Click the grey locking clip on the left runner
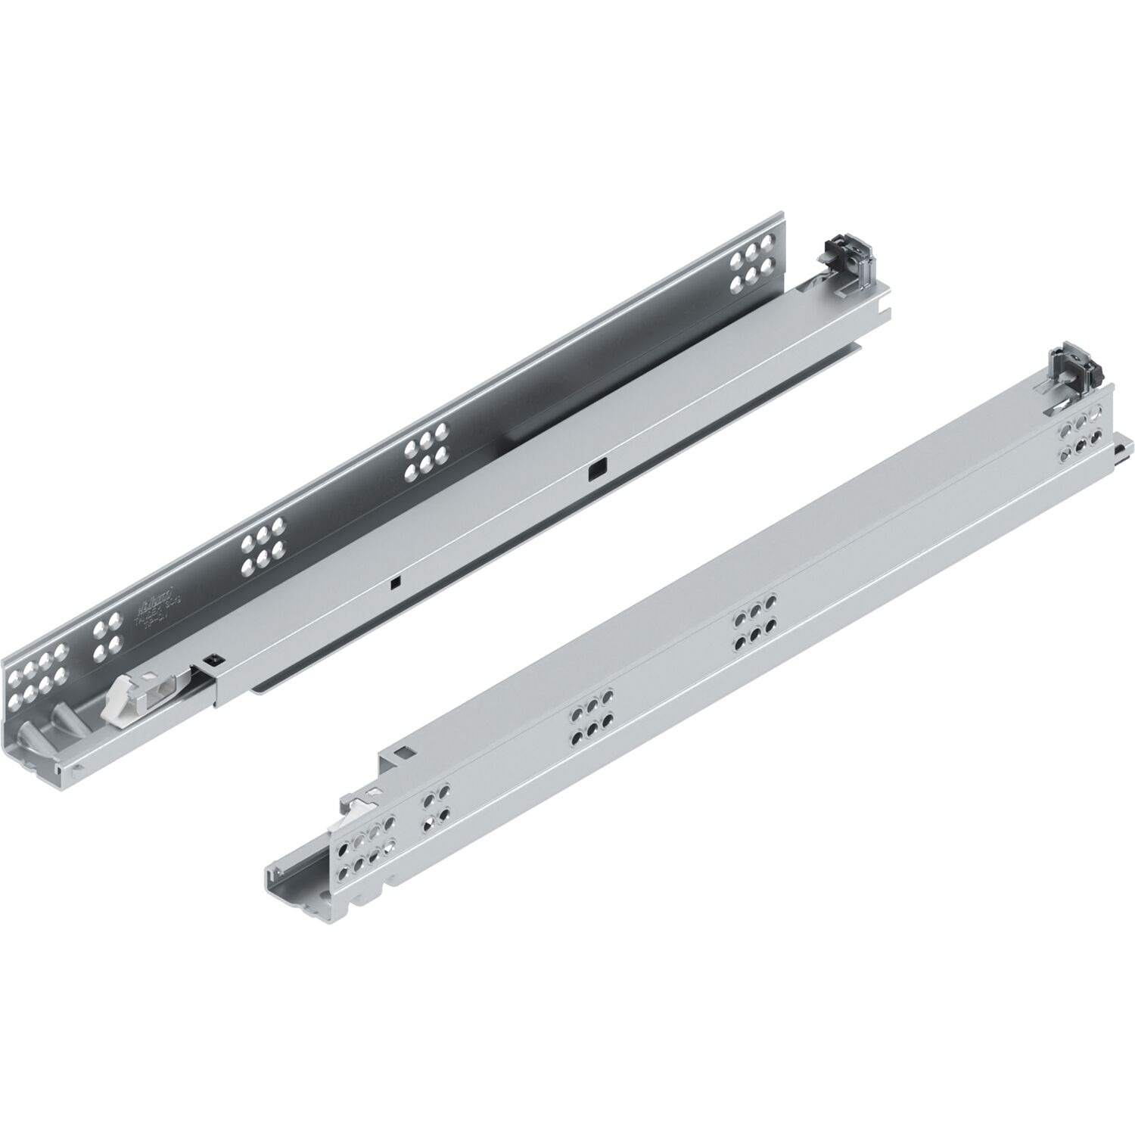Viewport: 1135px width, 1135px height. pos(843,265)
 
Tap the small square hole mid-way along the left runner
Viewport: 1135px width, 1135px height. pos(394,582)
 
